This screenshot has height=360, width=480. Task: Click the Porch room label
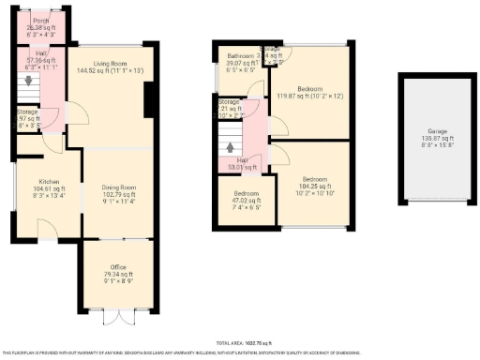tap(40, 20)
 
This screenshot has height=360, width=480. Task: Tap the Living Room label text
tap(110, 63)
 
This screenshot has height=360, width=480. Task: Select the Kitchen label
tap(49, 181)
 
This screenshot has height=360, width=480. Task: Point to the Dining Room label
tap(119, 187)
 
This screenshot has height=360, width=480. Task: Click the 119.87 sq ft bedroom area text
tap(309, 87)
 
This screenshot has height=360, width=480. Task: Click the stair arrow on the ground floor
tap(28, 82)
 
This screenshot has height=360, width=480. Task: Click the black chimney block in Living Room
tap(151, 101)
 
